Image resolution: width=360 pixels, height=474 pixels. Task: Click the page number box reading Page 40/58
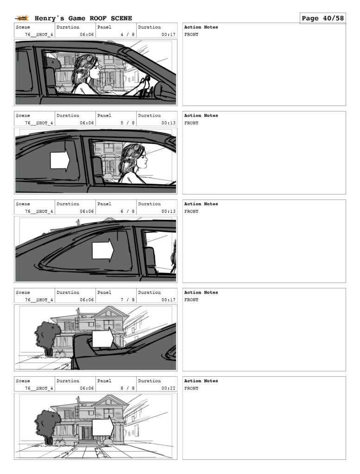[x=322, y=18]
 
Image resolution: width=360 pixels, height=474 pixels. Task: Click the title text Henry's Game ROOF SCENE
[x=83, y=18]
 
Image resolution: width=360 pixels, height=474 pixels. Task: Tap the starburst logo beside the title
[x=22, y=19]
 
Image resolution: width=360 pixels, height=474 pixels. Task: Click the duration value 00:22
[x=169, y=388]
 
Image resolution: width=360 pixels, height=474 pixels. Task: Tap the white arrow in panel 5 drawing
[x=60, y=161]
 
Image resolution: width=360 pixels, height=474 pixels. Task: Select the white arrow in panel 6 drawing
[x=103, y=250]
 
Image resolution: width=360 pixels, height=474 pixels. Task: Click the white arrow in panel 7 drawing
[x=103, y=338]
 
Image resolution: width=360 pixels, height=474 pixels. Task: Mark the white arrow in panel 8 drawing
[x=103, y=427]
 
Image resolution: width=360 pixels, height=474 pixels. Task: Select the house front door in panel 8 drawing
[x=87, y=433]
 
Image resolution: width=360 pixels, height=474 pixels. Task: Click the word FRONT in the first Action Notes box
[x=191, y=34]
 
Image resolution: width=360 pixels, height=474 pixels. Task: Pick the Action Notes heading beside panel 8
[x=201, y=381]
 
